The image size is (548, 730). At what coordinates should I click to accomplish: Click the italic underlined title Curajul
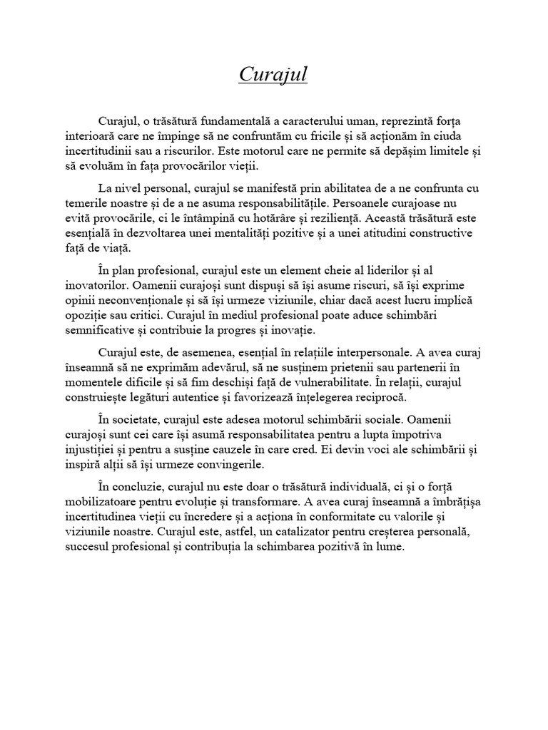pyautogui.click(x=273, y=74)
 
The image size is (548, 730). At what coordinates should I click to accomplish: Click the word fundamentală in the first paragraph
pyautogui.click(x=213, y=122)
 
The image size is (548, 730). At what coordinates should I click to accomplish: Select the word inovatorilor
pyautogui.click(x=96, y=284)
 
